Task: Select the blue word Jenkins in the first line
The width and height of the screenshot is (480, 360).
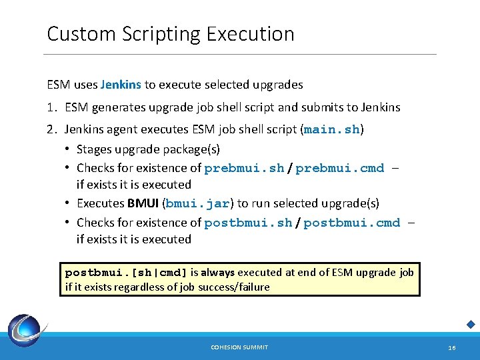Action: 121,85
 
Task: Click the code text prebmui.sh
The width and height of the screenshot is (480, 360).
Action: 244,168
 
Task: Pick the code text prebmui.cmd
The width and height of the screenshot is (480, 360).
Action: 340,168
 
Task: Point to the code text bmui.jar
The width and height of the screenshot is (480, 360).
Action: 198,203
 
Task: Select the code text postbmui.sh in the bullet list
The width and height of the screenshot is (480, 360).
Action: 248,223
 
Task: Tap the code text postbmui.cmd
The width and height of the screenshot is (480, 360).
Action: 352,223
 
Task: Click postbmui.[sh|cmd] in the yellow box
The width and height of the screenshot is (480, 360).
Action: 126,272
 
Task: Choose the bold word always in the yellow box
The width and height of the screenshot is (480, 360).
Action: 218,272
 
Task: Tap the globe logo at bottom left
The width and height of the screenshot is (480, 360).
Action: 25,331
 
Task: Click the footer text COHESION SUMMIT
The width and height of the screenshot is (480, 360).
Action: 239,347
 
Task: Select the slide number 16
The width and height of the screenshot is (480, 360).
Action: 452,347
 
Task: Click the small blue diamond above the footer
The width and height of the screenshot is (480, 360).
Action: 471,325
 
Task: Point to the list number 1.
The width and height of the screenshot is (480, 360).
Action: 51,107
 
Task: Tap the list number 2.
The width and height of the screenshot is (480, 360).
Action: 51,129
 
